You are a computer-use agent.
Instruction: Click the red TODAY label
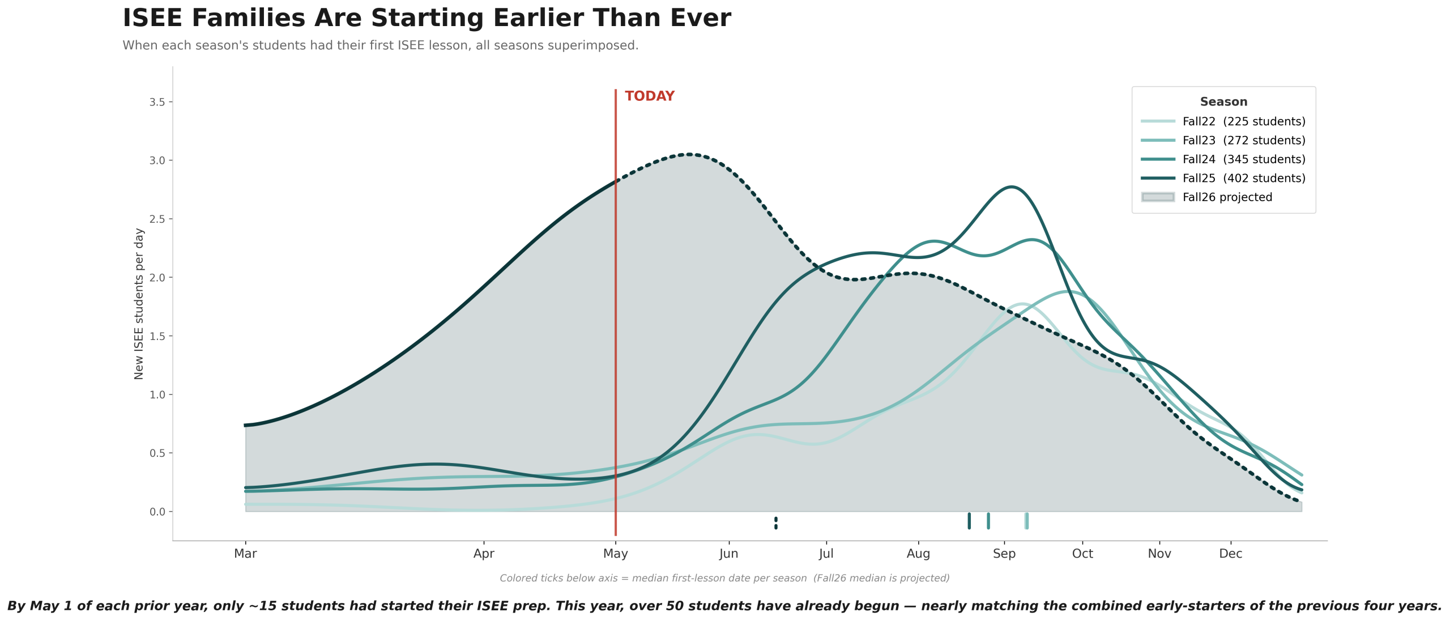click(649, 96)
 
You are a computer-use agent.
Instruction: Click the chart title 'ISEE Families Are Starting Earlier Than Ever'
click(427, 18)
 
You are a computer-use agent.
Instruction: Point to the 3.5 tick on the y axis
click(157, 102)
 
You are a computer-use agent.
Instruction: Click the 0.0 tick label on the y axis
click(157, 512)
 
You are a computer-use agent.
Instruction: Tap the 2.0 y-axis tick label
click(157, 278)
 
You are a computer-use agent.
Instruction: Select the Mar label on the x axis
click(245, 554)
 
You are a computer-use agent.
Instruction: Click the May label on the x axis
click(616, 554)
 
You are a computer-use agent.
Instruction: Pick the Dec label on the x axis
click(1230, 554)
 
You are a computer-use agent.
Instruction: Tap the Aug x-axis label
click(918, 554)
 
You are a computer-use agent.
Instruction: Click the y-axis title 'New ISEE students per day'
click(139, 304)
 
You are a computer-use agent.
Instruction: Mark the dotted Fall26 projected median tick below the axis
click(776, 523)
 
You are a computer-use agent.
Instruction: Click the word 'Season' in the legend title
click(1223, 102)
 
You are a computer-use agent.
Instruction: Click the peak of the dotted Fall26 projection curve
click(689, 154)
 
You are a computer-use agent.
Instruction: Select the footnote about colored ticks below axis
click(724, 578)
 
